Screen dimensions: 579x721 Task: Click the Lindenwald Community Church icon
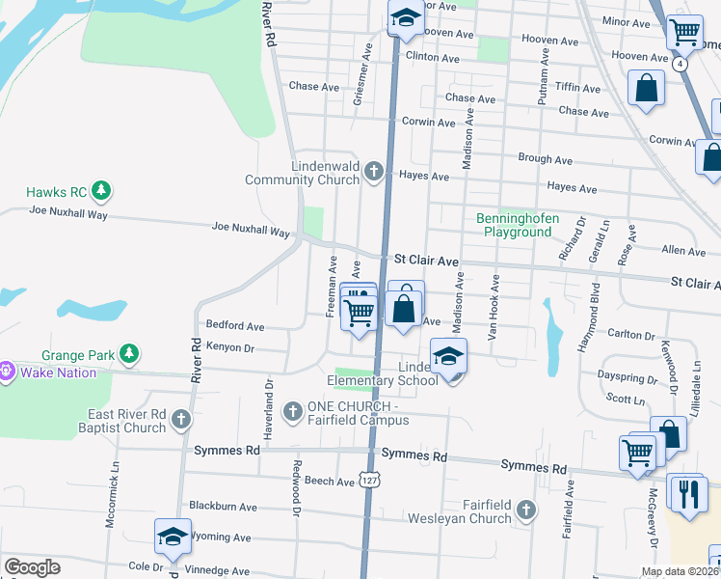pos(374,172)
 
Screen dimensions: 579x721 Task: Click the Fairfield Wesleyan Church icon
pos(525,509)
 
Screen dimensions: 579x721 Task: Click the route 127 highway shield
pos(368,480)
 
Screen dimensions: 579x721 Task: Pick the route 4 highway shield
pos(681,64)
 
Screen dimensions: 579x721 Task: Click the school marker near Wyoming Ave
pos(173,537)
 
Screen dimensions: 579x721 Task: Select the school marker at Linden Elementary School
pos(448,356)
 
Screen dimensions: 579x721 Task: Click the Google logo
pos(32,566)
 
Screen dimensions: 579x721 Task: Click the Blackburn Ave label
pos(223,506)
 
